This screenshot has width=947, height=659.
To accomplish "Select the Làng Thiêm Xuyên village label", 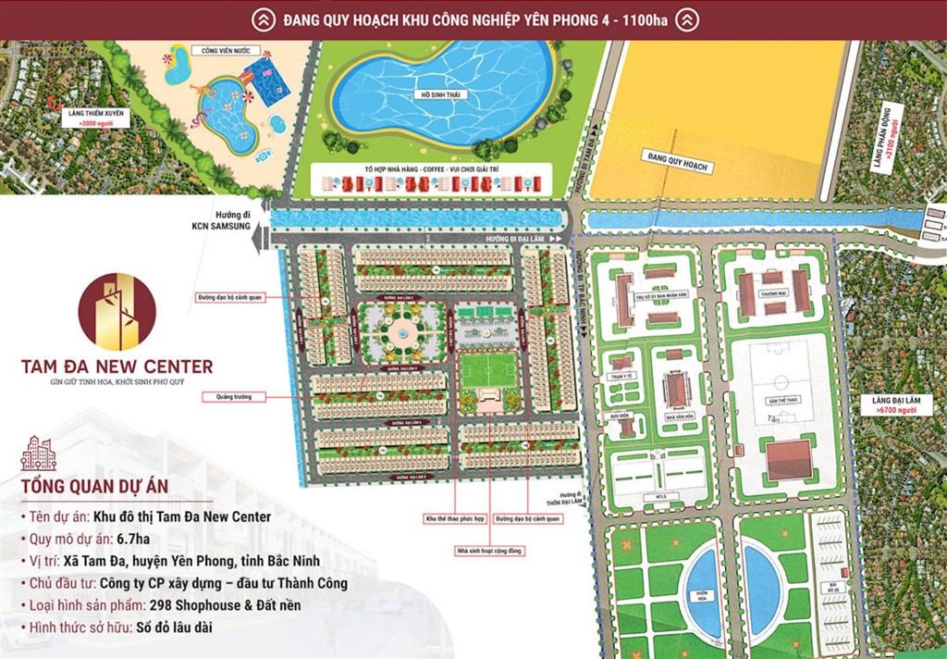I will [x=102, y=117].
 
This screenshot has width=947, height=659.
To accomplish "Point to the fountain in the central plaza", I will [x=403, y=331].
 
